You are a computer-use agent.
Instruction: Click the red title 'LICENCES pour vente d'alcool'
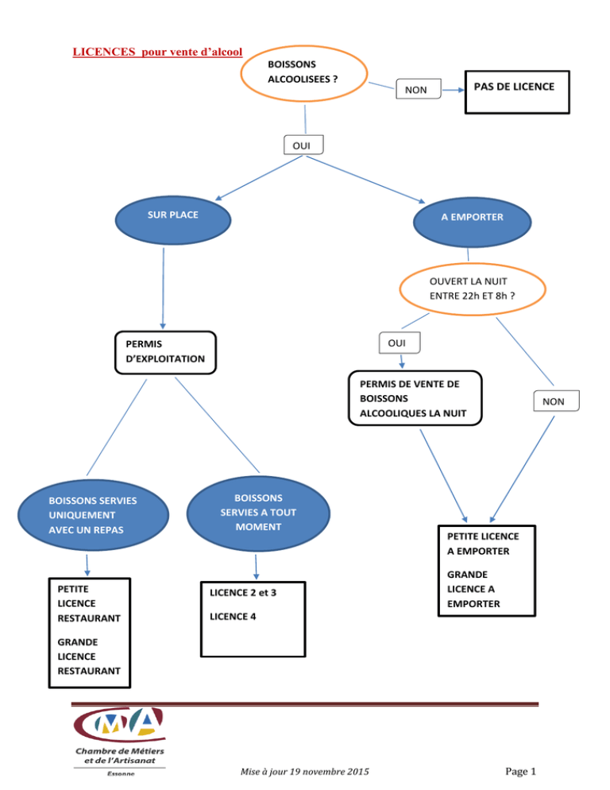[x=157, y=52]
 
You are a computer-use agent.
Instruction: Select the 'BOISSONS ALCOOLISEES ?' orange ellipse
[x=303, y=74]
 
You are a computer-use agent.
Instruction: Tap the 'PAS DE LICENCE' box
[x=517, y=92]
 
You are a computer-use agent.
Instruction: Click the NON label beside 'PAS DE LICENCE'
[x=418, y=89]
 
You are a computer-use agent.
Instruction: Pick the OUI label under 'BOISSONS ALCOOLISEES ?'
[x=303, y=145]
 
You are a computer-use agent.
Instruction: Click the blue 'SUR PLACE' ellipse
[x=173, y=220]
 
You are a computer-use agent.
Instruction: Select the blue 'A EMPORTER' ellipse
[x=472, y=223]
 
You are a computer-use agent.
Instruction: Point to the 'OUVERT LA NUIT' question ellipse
[x=473, y=289]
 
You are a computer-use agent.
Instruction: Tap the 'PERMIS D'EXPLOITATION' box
[x=165, y=353]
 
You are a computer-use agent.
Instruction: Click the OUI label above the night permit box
[x=399, y=343]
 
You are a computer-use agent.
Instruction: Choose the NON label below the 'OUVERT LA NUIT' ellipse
[x=556, y=401]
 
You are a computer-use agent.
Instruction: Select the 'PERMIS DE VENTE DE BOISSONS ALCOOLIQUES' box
[x=415, y=398]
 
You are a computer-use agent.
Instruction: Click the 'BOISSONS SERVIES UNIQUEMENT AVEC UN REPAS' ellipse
[x=93, y=515]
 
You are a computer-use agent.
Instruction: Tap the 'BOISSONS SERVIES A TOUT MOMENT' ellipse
[x=258, y=513]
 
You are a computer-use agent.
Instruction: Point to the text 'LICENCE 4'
[x=233, y=617]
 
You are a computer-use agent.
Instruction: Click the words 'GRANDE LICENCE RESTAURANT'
[x=89, y=656]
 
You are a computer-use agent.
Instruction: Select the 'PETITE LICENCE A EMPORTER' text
[x=483, y=544]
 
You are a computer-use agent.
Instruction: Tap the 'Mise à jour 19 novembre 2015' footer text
[x=305, y=772]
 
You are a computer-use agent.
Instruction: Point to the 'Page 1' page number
[x=521, y=772]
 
